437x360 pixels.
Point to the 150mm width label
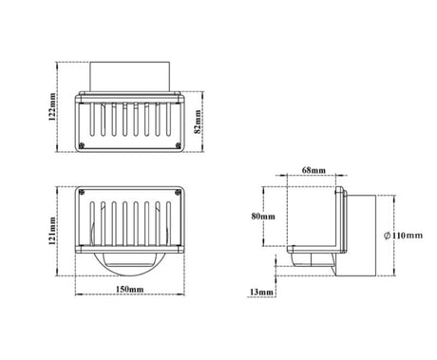click(x=130, y=288)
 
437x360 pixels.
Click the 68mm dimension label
click(x=313, y=170)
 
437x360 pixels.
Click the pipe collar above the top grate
click(x=130, y=78)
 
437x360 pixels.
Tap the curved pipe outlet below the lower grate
click(x=130, y=263)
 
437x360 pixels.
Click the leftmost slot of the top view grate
click(x=98, y=122)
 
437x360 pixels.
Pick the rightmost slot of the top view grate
click(x=163, y=122)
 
